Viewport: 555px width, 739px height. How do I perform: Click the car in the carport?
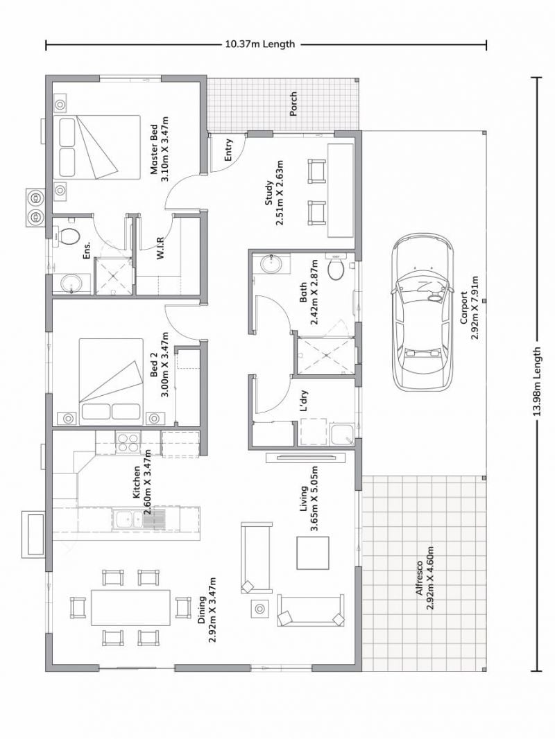pyautogui.click(x=422, y=313)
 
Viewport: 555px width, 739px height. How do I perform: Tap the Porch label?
pyautogui.click(x=293, y=104)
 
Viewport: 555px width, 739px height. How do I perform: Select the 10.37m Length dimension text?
pyautogui.click(x=260, y=44)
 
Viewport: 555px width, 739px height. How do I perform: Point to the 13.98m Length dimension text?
pyautogui.click(x=536, y=381)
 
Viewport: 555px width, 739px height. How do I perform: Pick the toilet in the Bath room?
pyautogui.click(x=336, y=267)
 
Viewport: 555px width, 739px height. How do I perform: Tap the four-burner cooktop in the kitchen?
pyautogui.click(x=128, y=443)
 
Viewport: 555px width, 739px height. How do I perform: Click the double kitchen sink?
pyautogui.click(x=139, y=519)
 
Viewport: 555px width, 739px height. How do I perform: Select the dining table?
pyautogui.click(x=130, y=607)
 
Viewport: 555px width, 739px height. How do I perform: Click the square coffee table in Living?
pyautogui.click(x=313, y=553)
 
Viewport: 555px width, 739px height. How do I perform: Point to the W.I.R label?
pyautogui.click(x=160, y=247)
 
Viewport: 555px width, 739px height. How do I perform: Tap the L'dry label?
pyautogui.click(x=304, y=401)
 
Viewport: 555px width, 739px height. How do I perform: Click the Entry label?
pyautogui.click(x=228, y=150)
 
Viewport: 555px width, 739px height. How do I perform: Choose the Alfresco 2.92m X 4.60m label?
pyautogui.click(x=424, y=577)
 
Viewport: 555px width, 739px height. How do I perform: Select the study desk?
pyautogui.click(x=341, y=191)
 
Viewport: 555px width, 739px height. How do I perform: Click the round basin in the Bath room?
pyautogui.click(x=271, y=264)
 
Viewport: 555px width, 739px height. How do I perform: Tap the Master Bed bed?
pyautogui.click(x=96, y=147)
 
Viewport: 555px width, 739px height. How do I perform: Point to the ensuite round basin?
pyautogui.click(x=71, y=284)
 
